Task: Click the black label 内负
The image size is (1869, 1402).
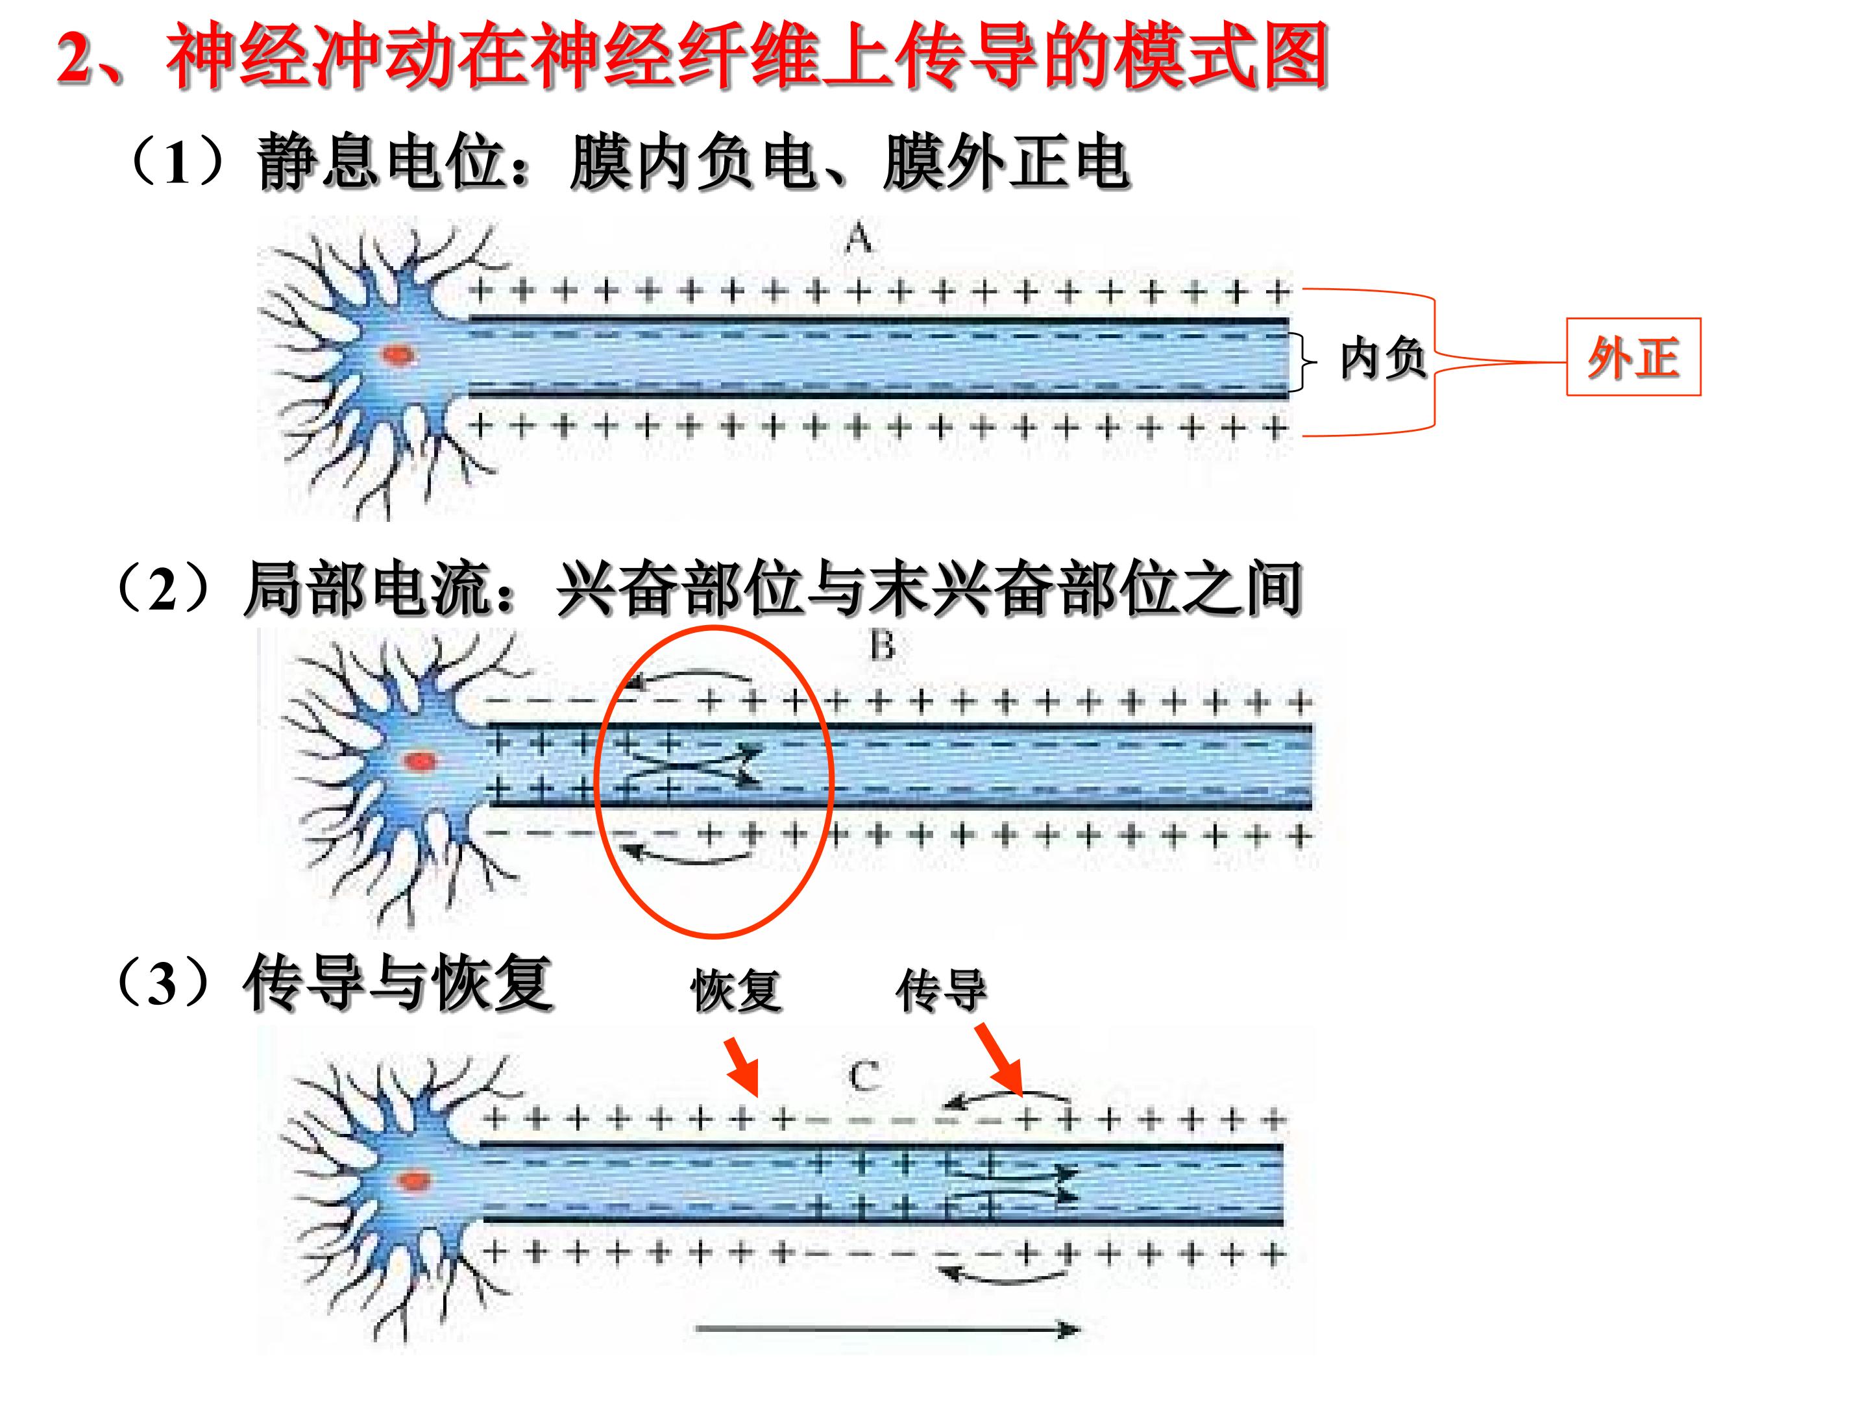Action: (1383, 358)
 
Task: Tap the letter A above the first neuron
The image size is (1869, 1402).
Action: (859, 238)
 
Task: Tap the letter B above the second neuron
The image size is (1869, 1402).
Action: (882, 646)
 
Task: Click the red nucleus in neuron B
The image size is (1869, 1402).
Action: (418, 761)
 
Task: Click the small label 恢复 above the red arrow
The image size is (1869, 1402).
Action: (736, 990)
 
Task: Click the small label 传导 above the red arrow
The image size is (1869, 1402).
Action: (941, 990)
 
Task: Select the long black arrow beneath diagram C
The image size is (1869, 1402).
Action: (887, 1329)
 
